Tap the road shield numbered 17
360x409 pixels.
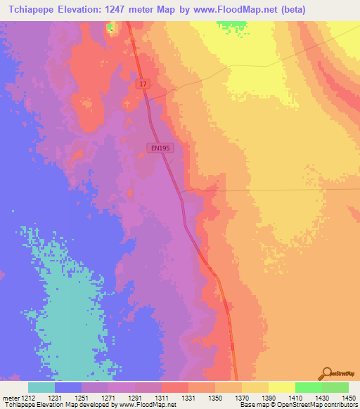[143, 84]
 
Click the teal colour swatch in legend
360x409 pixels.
[41, 387]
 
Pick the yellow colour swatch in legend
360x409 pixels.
[281, 387]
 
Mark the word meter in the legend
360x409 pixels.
[9, 398]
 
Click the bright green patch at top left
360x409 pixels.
[110, 28]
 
